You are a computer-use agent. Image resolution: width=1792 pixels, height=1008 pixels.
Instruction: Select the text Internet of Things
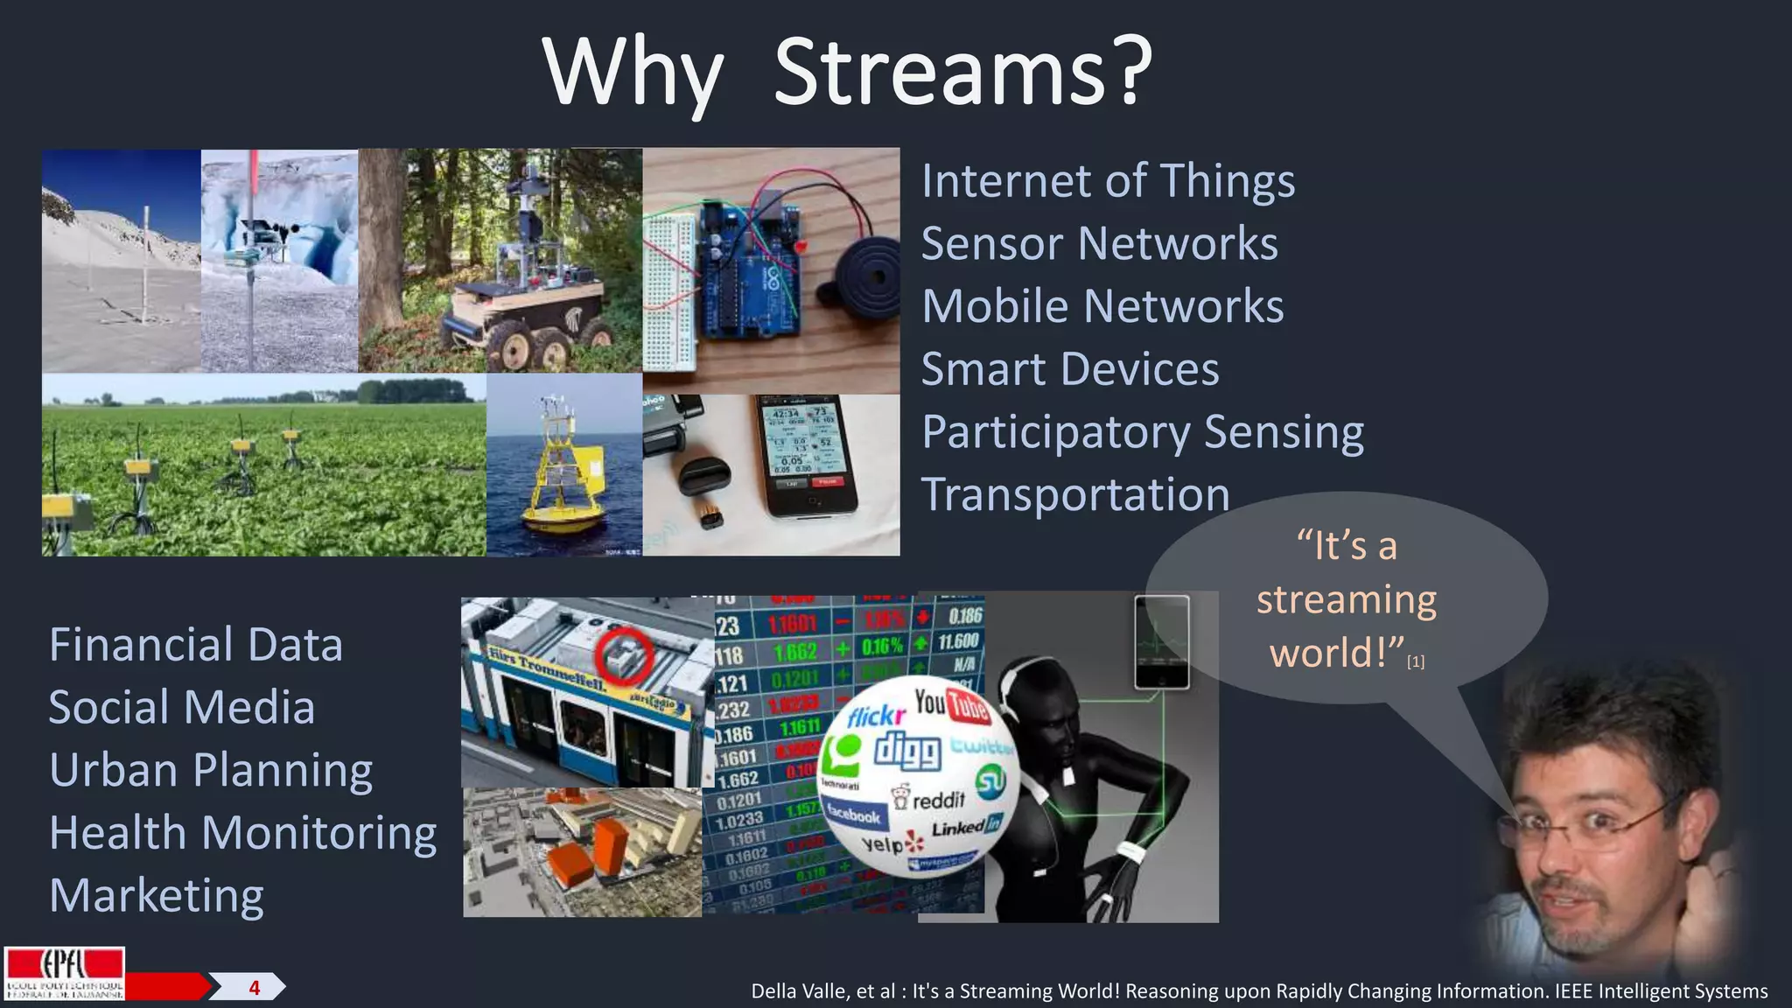point(1108,181)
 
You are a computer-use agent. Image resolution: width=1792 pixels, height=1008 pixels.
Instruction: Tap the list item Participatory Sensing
point(1142,432)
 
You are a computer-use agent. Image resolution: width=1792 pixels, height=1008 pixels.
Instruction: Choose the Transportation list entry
point(1074,495)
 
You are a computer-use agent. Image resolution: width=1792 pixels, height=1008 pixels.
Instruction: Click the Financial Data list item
point(196,645)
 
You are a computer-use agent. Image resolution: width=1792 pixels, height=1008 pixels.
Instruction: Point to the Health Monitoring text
point(242,833)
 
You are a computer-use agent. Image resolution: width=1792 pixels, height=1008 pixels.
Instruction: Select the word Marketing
point(157,896)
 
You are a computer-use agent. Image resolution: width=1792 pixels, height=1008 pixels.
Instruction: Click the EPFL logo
point(64,973)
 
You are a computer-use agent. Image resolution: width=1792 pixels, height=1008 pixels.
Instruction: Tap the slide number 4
point(254,988)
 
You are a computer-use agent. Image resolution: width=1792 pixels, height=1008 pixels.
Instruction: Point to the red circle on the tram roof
point(624,654)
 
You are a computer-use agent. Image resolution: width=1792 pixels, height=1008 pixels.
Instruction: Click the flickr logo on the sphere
point(876,717)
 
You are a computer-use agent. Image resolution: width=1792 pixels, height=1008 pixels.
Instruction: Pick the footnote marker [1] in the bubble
point(1415,662)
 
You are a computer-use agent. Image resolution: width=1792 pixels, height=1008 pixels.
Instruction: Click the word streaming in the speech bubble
point(1346,601)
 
